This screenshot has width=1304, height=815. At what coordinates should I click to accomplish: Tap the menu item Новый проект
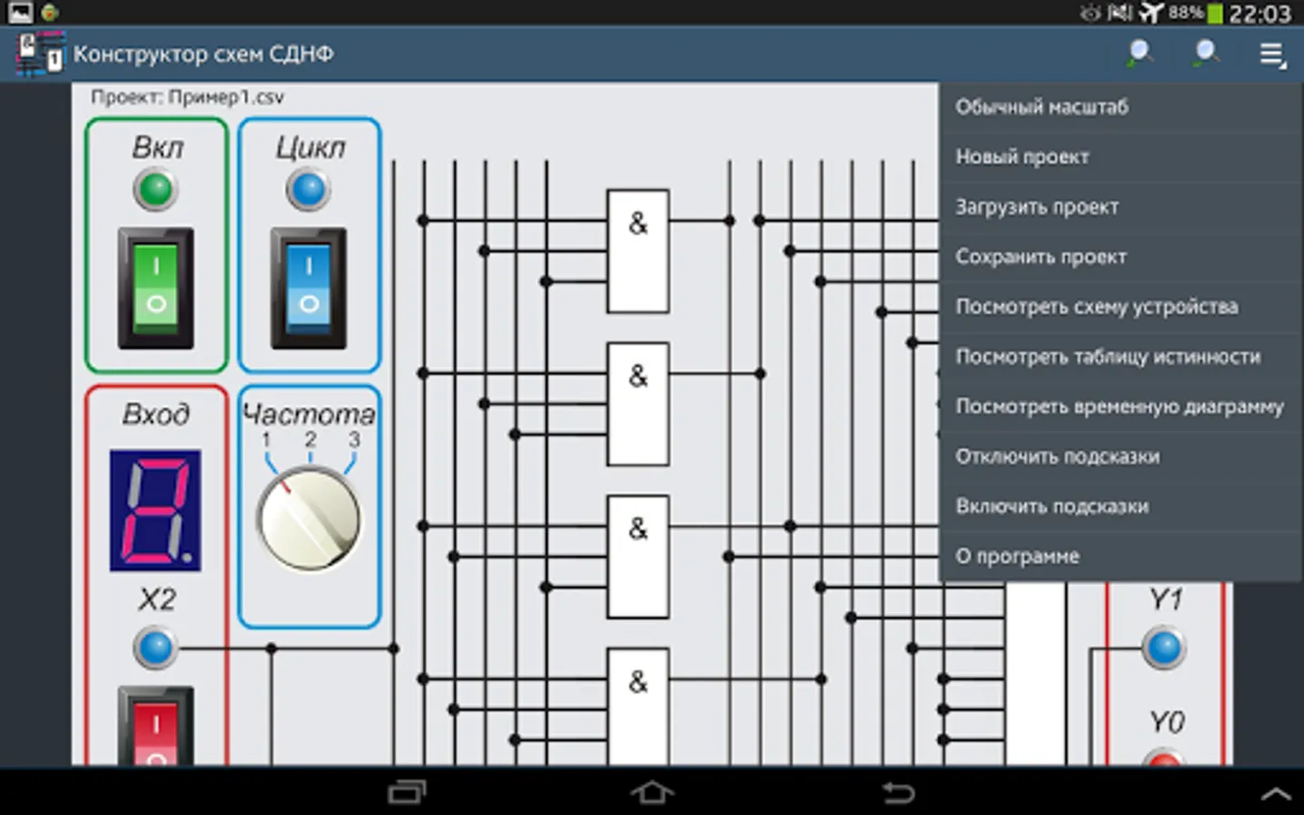[1022, 158]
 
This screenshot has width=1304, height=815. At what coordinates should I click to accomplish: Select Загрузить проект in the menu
[1037, 207]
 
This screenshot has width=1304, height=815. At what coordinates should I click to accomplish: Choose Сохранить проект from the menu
[1040, 257]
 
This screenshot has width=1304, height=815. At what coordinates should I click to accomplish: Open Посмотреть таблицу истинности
[1107, 357]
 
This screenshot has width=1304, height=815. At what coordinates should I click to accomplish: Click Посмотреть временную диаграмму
[1119, 407]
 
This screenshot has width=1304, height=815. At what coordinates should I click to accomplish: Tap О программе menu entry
[1018, 557]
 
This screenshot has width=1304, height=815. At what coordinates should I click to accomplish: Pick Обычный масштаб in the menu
[1042, 107]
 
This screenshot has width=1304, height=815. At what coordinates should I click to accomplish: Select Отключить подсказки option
[1058, 456]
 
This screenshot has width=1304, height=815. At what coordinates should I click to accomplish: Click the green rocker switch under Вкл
[156, 288]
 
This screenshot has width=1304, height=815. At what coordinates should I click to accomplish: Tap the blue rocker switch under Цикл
[309, 288]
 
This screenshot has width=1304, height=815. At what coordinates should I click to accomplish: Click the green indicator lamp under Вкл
[156, 189]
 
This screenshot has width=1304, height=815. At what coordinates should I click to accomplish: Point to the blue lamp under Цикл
[309, 189]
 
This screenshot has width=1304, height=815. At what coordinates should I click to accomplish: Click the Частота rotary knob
[309, 519]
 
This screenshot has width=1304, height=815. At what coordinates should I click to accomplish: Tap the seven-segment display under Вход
[156, 511]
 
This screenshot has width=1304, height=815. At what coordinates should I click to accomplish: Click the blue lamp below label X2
[156, 648]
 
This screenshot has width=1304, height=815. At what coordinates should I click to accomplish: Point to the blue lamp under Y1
[1165, 648]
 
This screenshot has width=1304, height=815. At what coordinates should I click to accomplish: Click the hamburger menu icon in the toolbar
[1272, 55]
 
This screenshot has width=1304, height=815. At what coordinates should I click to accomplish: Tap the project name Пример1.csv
[225, 97]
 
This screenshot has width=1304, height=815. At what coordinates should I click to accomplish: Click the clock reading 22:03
[1260, 14]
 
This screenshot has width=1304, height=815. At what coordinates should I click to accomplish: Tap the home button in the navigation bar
[652, 792]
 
